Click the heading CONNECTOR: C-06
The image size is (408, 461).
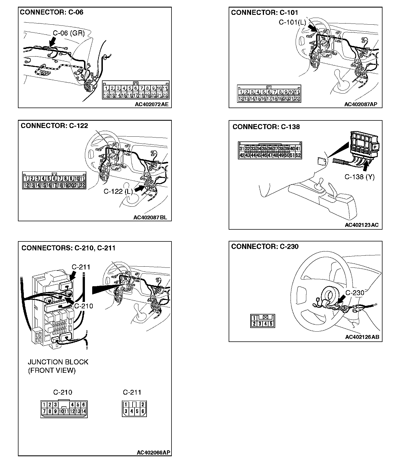point(52,12)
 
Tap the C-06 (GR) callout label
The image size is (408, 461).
point(69,33)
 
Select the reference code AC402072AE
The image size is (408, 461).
point(152,104)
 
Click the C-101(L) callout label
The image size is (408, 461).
point(292,22)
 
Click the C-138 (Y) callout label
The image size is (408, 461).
point(360,177)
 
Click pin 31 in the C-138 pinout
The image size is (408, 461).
point(242,149)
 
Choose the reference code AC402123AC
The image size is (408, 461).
point(361,225)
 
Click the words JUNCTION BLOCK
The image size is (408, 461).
point(58,362)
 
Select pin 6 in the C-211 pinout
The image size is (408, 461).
point(143,411)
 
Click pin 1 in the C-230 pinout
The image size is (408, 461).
point(254,318)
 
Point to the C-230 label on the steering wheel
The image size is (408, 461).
point(354,293)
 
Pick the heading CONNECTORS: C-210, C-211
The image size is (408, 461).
point(68,248)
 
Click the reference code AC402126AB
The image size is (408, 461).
point(362,337)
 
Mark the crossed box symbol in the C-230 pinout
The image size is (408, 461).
point(265,318)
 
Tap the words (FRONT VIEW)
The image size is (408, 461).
point(52,371)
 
